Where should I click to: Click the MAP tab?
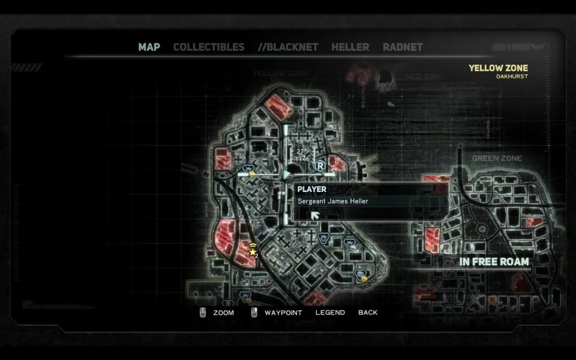[149, 47]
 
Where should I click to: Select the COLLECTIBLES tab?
[208, 47]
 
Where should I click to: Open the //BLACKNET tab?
[288, 47]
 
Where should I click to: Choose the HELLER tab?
[350, 47]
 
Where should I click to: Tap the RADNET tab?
[403, 47]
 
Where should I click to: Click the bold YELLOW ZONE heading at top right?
[498, 68]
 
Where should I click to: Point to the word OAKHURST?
[512, 77]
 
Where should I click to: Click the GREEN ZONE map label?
[497, 158]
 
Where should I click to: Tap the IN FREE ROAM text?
[494, 262]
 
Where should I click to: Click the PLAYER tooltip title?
[312, 189]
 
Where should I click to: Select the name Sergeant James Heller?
[333, 201]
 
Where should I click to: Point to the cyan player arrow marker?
[287, 175]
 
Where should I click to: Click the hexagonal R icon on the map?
[320, 165]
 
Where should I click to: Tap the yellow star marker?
[252, 252]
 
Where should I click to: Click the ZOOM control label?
[223, 313]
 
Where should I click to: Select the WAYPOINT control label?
[283, 313]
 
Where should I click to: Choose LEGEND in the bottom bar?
[330, 313]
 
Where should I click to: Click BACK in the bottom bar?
[368, 313]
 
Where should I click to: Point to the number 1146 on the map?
[302, 159]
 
